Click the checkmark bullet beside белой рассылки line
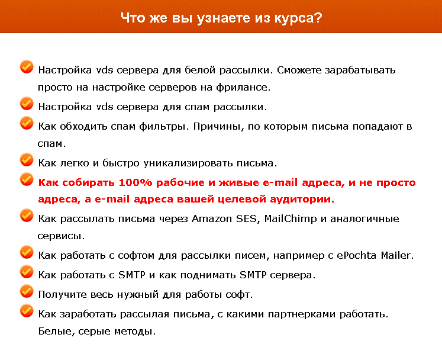coord(27,66)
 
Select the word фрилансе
coord(244,87)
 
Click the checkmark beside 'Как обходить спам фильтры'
coord(27,123)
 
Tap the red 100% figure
coord(135,182)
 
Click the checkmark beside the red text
coord(27,179)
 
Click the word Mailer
coord(395,256)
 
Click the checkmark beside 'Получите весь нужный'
coord(27,291)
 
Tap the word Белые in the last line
coord(56,331)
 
